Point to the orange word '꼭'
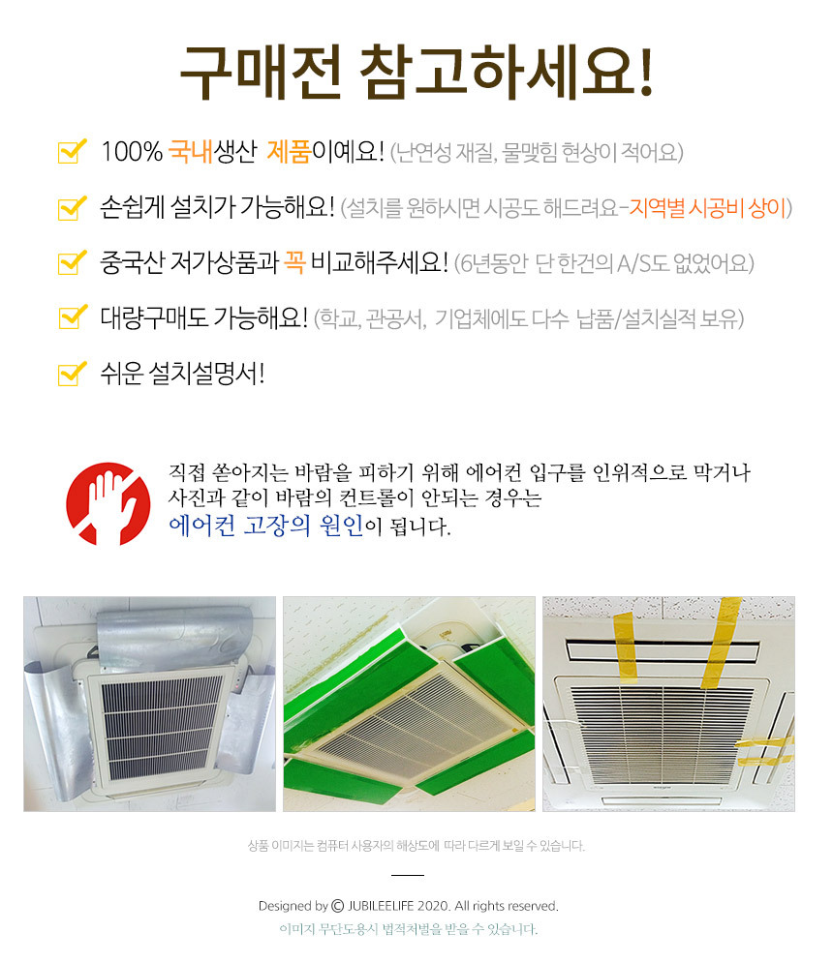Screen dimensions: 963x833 [293, 262]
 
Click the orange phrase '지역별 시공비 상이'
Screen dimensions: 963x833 [708, 207]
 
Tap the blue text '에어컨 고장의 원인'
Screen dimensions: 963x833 [265, 526]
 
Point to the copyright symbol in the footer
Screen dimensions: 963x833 [338, 907]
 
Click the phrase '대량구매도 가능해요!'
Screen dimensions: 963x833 [203, 317]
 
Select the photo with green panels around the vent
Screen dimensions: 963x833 [409, 704]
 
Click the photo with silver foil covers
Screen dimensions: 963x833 [148, 704]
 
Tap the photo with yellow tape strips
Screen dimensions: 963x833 [668, 704]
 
